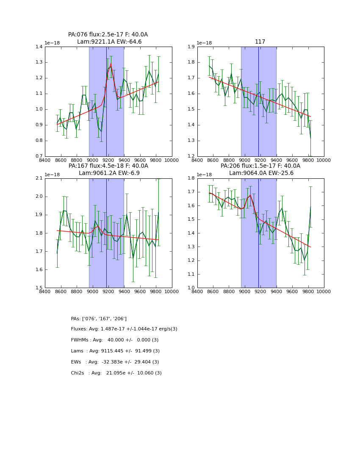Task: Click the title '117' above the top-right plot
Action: click(260, 42)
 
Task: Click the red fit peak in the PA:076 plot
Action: click(111, 64)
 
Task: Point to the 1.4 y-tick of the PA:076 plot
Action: click(39, 47)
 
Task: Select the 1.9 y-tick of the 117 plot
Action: click(191, 47)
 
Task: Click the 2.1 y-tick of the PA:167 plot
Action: click(39, 178)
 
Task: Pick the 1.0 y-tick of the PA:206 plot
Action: click(191, 288)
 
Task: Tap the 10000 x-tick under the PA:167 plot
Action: click(172, 291)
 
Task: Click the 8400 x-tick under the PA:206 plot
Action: click(197, 291)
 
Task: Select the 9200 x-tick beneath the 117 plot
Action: click(260, 160)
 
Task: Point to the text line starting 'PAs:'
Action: click(99, 319)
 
